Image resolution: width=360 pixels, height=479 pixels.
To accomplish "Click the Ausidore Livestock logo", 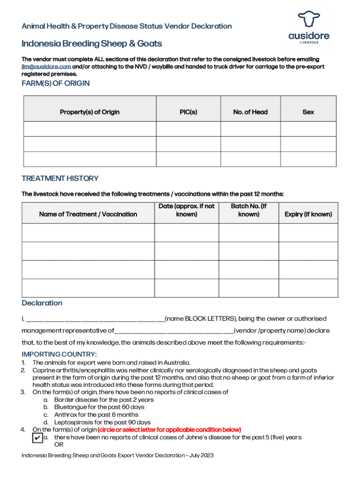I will click(308, 28).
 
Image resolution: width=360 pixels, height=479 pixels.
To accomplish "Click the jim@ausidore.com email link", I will click(46, 67).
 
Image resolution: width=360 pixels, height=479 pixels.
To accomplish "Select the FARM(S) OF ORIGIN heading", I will click(56, 83).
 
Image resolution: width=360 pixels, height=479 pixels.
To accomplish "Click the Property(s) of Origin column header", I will click(89, 112).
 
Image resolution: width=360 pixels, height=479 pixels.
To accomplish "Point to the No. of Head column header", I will click(250, 112).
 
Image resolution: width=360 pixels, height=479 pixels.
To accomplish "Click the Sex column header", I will click(308, 112).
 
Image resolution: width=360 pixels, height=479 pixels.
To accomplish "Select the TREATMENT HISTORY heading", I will click(60, 178).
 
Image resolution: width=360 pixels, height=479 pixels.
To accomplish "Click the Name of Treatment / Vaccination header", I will click(88, 214).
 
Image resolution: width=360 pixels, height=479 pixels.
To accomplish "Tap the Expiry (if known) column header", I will click(308, 214).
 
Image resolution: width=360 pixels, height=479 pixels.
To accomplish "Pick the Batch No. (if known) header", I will click(249, 210).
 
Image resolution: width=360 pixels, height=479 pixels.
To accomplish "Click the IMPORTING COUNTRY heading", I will click(59, 354).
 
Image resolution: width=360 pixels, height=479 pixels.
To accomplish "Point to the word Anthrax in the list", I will click(66, 415).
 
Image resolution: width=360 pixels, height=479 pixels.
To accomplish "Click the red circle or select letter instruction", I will click(169, 430).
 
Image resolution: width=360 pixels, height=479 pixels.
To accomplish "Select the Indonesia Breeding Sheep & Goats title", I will click(92, 44).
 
